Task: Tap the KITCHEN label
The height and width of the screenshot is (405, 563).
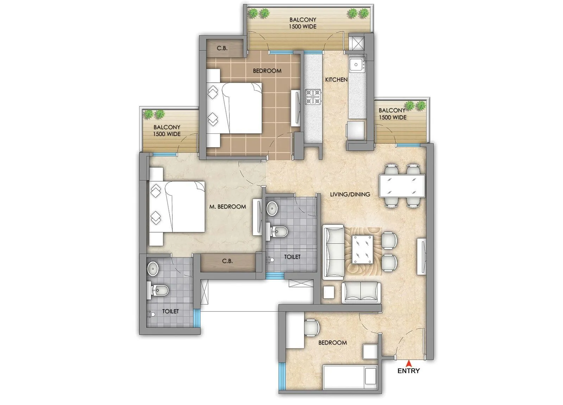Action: click(336, 80)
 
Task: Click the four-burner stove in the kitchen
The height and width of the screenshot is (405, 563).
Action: click(313, 97)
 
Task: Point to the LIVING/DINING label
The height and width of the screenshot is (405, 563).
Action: click(350, 194)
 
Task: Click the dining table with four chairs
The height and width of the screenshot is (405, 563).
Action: click(402, 185)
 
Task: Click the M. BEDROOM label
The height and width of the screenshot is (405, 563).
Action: click(227, 207)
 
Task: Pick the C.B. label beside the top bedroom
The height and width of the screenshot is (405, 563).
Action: click(222, 48)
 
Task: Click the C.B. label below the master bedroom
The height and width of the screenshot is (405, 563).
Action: click(227, 261)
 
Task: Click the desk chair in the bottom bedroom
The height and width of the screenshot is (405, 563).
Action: click(312, 327)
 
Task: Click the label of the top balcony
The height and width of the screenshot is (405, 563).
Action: click(303, 23)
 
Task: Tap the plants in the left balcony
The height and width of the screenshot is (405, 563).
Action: click(154, 114)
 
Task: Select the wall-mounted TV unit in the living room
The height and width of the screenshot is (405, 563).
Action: click(421, 256)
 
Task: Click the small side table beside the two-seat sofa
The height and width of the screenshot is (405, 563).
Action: click(329, 292)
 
